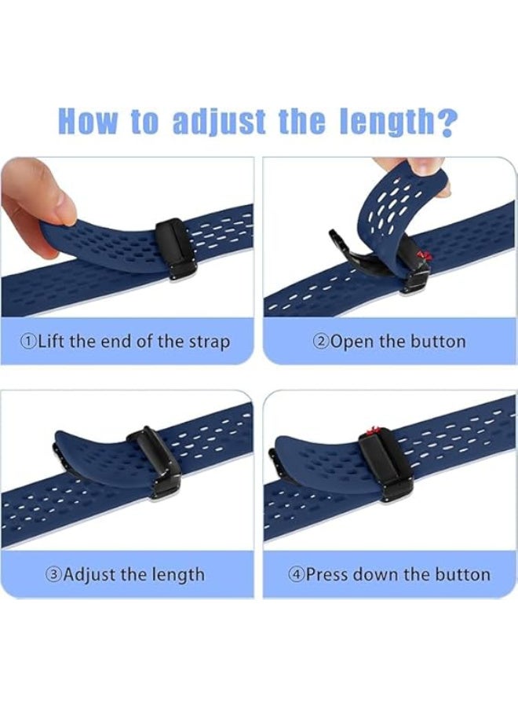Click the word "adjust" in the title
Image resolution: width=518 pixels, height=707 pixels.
tap(207, 122)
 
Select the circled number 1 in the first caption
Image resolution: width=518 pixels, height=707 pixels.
tap(29, 342)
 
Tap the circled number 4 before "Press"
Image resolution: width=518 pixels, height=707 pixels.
tap(296, 574)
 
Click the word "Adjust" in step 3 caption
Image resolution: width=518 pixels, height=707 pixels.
tap(89, 574)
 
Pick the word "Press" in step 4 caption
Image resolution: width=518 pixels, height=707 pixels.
tap(326, 574)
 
